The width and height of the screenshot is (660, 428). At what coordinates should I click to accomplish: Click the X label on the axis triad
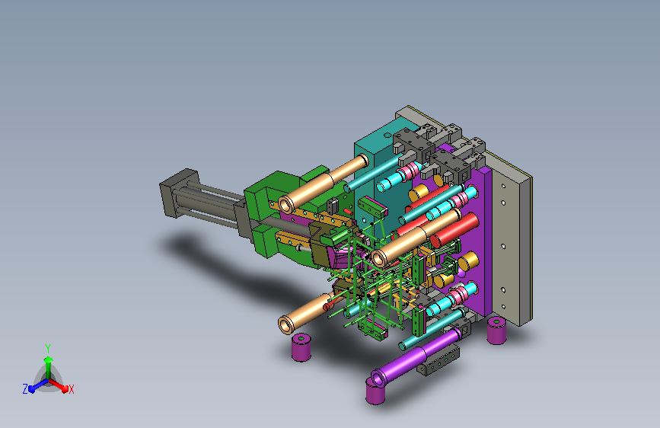coord(71,389)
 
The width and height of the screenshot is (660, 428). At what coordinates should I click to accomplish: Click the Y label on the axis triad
coord(48,349)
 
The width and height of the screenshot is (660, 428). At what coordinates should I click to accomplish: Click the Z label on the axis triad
coord(25,389)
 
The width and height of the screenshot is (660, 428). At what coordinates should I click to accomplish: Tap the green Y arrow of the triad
coord(49,367)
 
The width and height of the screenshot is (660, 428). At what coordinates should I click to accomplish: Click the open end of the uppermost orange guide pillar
coord(286,204)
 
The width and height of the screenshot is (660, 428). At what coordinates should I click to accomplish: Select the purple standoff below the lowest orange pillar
coord(301,347)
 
